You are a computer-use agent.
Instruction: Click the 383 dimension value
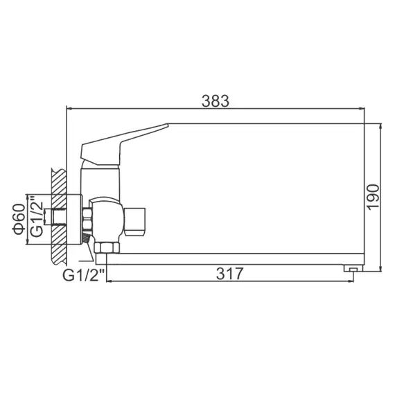(216, 100)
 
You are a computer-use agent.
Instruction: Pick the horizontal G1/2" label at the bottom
(84, 275)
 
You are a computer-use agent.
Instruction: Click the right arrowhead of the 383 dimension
(362, 109)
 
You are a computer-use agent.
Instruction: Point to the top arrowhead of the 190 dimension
(381, 128)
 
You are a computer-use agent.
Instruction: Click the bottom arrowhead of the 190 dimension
(381, 269)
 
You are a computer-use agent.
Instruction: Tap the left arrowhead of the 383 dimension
(69, 109)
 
